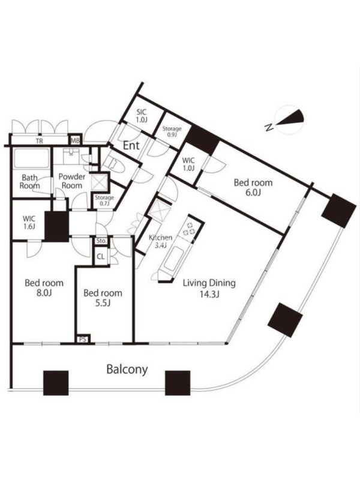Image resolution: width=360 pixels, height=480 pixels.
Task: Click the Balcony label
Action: coord(127,370)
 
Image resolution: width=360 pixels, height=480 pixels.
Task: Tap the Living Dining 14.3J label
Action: coord(209,289)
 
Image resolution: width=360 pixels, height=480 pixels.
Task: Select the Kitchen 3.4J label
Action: coord(160,241)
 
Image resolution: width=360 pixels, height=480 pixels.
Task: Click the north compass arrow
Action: coord(289,119)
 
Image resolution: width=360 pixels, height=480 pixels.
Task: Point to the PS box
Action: coord(83,339)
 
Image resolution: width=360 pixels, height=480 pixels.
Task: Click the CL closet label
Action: coord(101,257)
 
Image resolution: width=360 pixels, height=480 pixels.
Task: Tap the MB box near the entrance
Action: coord(75,141)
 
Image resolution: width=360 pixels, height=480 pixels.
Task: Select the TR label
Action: coord(39,141)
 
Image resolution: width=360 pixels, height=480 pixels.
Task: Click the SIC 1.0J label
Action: coord(142,116)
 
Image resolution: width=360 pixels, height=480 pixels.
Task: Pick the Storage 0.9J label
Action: coord(172,131)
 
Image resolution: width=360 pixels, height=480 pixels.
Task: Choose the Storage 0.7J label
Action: coord(104,200)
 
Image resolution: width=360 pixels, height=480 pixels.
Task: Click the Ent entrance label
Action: coord(131,145)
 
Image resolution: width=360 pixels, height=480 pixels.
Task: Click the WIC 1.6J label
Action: coord(29,223)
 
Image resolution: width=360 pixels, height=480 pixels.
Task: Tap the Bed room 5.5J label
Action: coord(103,298)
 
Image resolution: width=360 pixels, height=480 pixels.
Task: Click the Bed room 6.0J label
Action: coord(253,187)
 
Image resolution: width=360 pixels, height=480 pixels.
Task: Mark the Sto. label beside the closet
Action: coord(101,241)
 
